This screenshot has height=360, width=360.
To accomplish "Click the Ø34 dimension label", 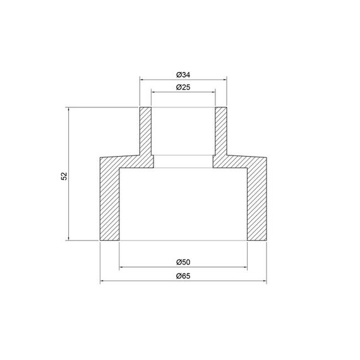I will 183,74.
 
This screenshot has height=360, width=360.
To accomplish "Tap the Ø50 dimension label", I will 183,262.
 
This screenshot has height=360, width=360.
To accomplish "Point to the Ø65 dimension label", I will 183,276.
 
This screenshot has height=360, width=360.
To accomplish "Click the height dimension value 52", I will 64,175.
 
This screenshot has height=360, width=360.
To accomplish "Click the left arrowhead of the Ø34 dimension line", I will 142,80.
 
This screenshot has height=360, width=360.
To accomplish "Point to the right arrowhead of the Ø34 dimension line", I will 224,80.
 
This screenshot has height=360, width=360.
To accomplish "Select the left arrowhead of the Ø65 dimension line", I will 102,282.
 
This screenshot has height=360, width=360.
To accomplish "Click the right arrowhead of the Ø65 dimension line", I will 264,282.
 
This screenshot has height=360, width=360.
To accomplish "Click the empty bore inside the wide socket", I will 183,202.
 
